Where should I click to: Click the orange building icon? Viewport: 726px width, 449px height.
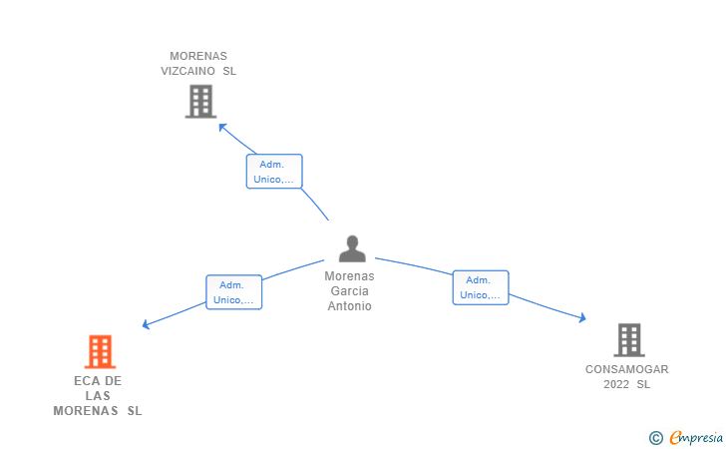pyautogui.click(x=100, y=351)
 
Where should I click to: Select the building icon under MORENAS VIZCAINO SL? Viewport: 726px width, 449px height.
pyautogui.click(x=201, y=102)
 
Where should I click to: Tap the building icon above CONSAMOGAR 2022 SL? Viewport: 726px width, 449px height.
pyautogui.click(x=629, y=340)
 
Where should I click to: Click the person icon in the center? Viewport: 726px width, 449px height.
pyautogui.click(x=352, y=248)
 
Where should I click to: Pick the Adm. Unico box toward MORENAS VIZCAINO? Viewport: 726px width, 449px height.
pyautogui.click(x=274, y=172)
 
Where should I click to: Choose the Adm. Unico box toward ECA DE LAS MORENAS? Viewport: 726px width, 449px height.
pyautogui.click(x=233, y=292)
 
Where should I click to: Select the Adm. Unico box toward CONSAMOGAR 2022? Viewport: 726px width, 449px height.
pyautogui.click(x=481, y=287)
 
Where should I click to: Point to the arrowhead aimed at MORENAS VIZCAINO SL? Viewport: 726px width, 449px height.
pyautogui.click(x=222, y=127)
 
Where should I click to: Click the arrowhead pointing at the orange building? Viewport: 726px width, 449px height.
pyautogui.click(x=146, y=324)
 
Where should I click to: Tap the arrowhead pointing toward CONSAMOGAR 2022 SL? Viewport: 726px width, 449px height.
pyautogui.click(x=582, y=318)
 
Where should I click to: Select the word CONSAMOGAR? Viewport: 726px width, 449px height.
pyautogui.click(x=627, y=369)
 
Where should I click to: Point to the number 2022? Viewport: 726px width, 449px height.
pyautogui.click(x=616, y=384)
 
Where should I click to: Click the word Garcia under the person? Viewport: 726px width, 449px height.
pyautogui.click(x=350, y=291)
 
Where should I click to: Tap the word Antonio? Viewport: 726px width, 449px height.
pyautogui.click(x=350, y=306)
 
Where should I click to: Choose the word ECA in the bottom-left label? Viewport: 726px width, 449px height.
pyautogui.click(x=84, y=381)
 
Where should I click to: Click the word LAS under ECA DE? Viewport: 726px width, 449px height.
pyautogui.click(x=98, y=396)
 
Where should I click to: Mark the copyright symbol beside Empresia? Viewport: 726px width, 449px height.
pyautogui.click(x=656, y=438)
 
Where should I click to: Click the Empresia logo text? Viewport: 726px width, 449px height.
pyautogui.click(x=696, y=438)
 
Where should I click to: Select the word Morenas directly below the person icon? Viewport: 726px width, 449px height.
pyautogui.click(x=350, y=276)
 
